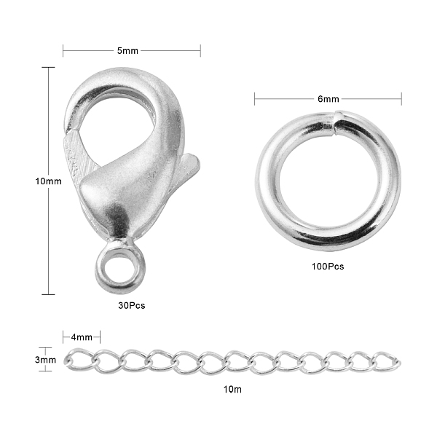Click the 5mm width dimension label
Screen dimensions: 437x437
(127, 51)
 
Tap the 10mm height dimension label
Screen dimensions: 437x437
(48, 181)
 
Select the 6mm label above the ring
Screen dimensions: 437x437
(328, 99)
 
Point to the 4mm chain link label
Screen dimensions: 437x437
(82, 337)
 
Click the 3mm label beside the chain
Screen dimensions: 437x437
(45, 360)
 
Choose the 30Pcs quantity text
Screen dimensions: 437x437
(132, 305)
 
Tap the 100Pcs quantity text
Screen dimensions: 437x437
(328, 267)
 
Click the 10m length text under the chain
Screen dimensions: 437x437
(232, 390)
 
